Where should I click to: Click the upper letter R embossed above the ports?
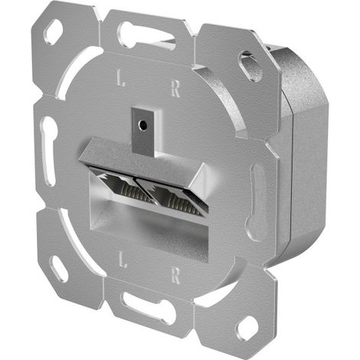[175, 88]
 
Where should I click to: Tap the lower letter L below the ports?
[122, 259]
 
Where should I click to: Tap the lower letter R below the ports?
[176, 276]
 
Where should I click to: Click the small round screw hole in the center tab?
[142, 125]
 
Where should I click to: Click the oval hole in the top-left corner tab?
[54, 31]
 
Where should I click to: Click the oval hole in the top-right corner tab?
[250, 65]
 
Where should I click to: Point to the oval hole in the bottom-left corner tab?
[58, 268]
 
